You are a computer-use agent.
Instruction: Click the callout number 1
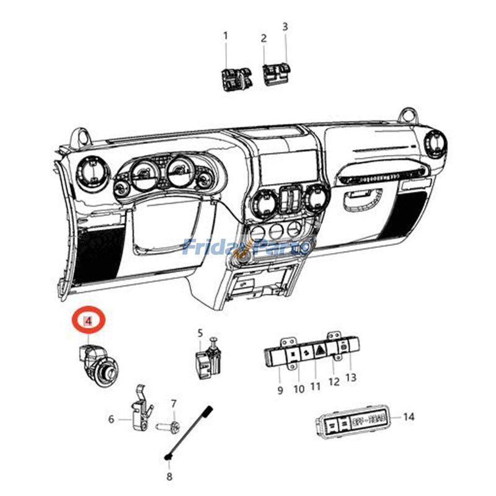coord(226,36)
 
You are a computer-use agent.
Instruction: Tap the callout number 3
coord(285,27)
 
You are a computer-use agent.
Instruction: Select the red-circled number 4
coord(89,321)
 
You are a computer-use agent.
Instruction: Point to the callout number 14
coord(408,417)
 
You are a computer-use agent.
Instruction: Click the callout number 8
coord(169,477)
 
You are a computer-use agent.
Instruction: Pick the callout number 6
coord(112,419)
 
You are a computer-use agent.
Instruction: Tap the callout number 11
coord(316,386)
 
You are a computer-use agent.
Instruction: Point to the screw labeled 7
coord(171,427)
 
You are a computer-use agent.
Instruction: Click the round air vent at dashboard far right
coord(435,144)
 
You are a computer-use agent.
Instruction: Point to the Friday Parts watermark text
coord(248,247)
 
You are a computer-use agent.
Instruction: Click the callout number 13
coord(351,377)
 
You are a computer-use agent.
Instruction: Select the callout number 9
coord(280,390)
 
